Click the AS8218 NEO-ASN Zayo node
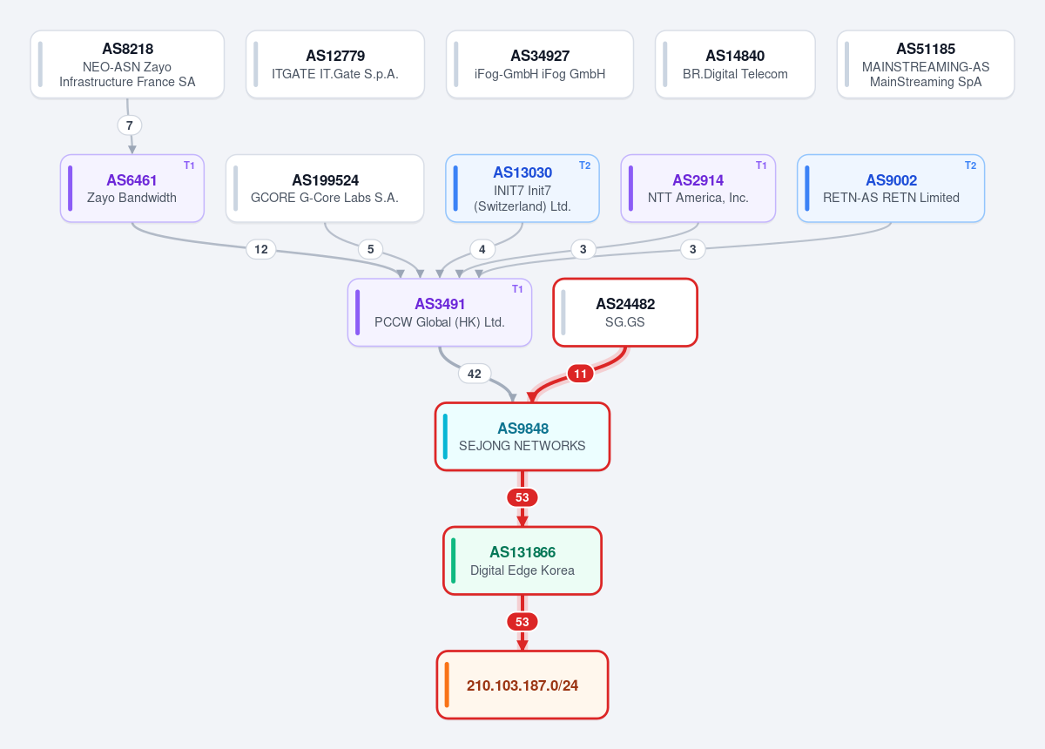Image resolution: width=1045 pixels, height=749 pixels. (x=127, y=64)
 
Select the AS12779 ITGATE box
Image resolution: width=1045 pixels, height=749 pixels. (x=335, y=64)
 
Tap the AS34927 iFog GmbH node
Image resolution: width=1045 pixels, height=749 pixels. (x=540, y=64)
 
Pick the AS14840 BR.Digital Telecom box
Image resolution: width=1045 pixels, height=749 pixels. (x=735, y=64)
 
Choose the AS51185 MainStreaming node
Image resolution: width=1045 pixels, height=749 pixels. (x=926, y=64)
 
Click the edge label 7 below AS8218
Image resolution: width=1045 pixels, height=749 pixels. (x=129, y=125)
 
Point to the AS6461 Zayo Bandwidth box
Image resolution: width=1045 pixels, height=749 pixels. (x=132, y=188)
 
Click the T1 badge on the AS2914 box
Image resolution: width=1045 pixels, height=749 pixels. (x=761, y=165)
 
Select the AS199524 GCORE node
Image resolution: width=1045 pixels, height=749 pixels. (x=325, y=188)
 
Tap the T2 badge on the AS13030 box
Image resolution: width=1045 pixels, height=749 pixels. (x=584, y=165)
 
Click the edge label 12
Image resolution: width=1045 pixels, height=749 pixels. (x=260, y=249)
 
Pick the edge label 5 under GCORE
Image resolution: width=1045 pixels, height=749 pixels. (x=370, y=249)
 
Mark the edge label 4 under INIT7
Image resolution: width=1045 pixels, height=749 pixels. (x=482, y=249)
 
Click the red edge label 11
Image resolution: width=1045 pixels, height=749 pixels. (x=580, y=374)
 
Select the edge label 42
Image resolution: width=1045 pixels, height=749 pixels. (x=474, y=374)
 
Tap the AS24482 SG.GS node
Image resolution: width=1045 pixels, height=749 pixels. (x=625, y=313)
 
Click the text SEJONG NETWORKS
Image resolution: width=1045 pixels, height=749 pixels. (x=522, y=446)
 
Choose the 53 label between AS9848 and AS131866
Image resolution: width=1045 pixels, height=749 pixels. (x=522, y=497)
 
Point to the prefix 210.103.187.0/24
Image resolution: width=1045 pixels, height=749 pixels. (x=522, y=685)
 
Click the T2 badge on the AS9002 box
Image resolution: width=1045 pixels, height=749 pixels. (x=970, y=165)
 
